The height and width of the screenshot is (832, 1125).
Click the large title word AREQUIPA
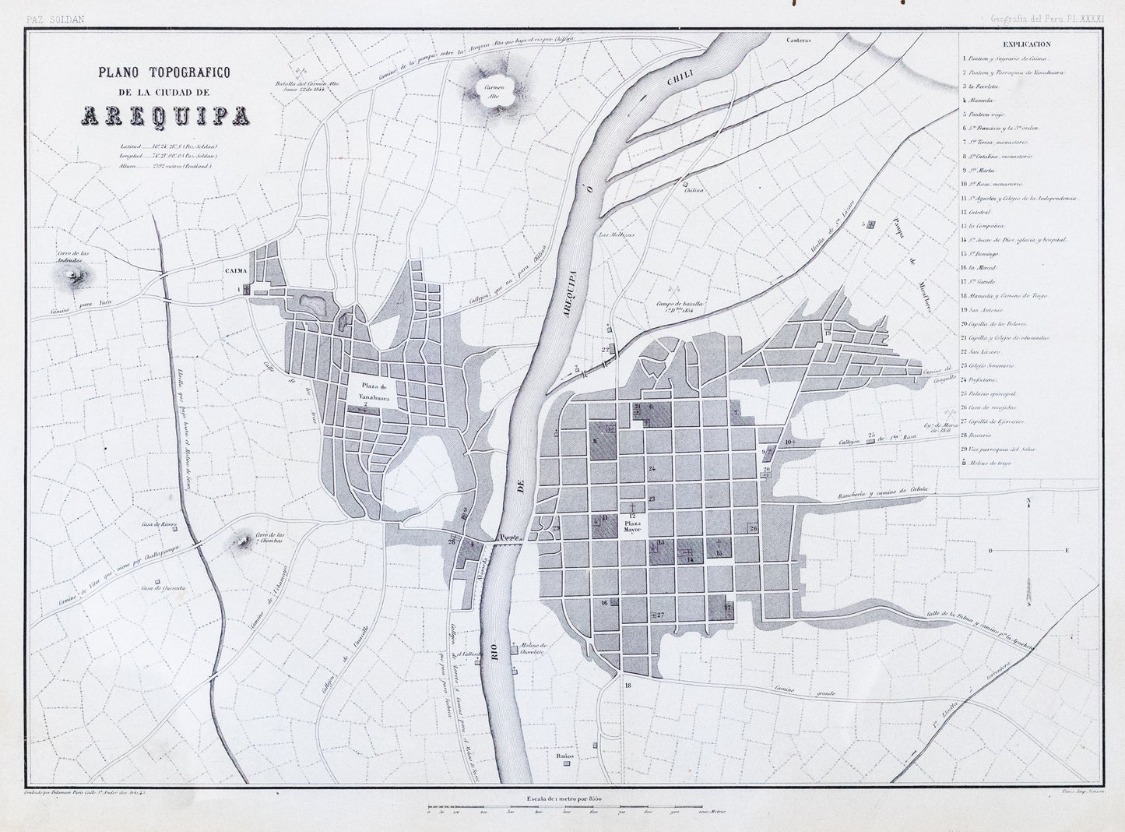tap(164, 116)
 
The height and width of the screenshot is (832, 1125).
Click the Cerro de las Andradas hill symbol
tap(76, 275)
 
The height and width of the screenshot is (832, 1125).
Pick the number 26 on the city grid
tap(753, 529)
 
